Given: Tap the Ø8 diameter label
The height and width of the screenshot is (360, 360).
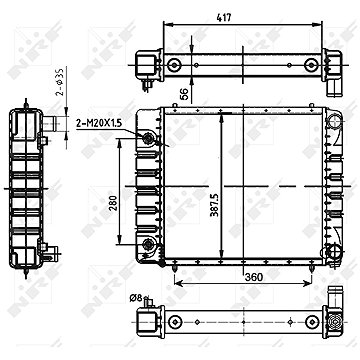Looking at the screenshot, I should click(x=137, y=296).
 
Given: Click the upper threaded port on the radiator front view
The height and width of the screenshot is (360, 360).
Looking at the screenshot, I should click(x=149, y=138).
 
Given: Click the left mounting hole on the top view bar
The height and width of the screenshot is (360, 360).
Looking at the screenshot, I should click(x=176, y=66).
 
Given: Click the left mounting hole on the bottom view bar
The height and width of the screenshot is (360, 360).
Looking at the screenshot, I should click(x=176, y=323).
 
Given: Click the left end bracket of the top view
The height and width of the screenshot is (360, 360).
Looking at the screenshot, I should click(x=148, y=64).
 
